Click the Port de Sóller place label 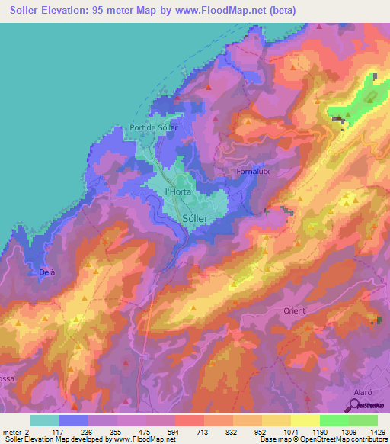pos(154,127)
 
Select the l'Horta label pos(178,192)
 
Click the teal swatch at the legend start pos(44,420)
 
